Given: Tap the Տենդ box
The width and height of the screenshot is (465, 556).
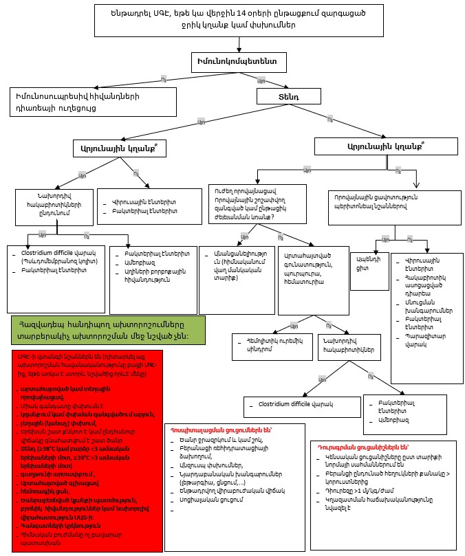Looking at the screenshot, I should [288, 98].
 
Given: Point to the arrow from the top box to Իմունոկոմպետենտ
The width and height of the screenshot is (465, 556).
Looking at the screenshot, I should [239, 44].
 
